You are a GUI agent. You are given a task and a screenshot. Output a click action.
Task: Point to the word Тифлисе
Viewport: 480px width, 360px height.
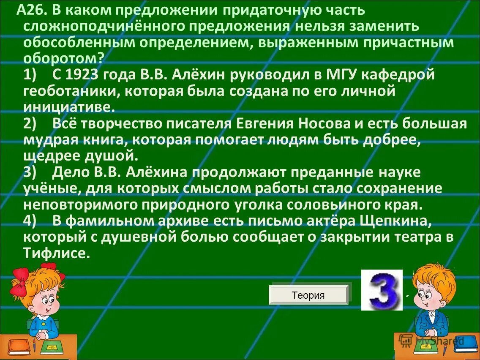[57, 253]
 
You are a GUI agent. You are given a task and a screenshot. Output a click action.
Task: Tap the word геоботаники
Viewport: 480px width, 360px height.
[69, 91]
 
